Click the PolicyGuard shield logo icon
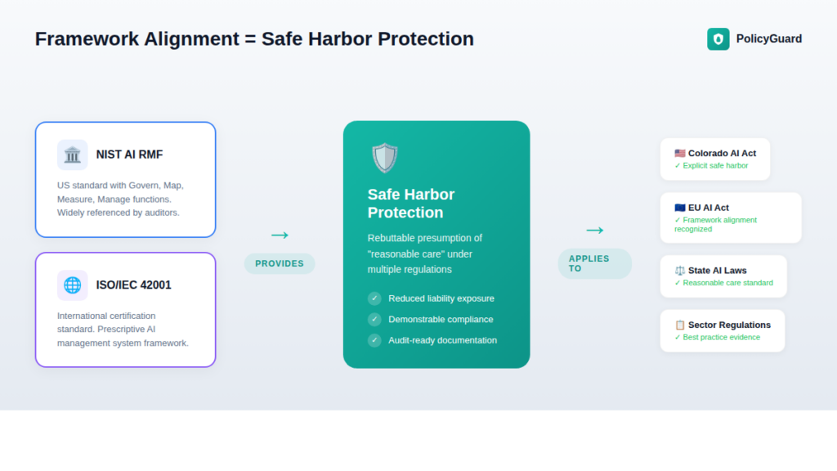(x=718, y=38)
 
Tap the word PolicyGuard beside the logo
(x=768, y=38)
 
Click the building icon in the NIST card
(x=72, y=155)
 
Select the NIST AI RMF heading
(x=129, y=155)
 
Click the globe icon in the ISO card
(x=72, y=285)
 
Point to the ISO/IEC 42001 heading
(x=133, y=285)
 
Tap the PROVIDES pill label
(x=280, y=263)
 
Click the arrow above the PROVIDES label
(x=280, y=235)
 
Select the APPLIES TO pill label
(x=594, y=263)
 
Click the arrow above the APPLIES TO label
(x=594, y=231)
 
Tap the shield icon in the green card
(x=384, y=158)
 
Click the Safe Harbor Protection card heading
(x=411, y=204)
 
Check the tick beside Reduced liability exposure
(x=374, y=298)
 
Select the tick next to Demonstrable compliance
(x=374, y=319)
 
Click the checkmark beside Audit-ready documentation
(x=374, y=340)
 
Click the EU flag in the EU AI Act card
(x=680, y=208)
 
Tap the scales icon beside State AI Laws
(x=680, y=271)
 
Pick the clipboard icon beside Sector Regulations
(x=680, y=325)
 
